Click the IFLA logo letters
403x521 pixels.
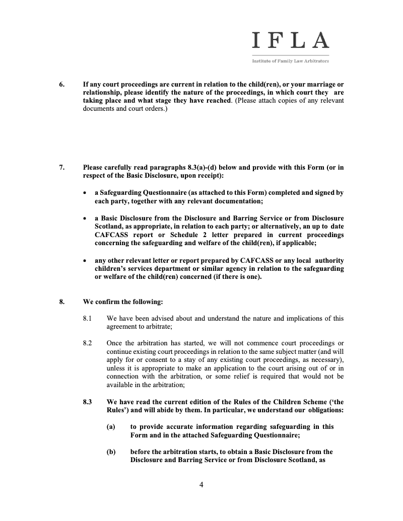click(x=290, y=40)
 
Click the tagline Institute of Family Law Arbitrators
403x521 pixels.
click(x=290, y=61)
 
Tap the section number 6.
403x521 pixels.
click(x=61, y=85)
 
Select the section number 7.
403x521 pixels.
click(x=61, y=168)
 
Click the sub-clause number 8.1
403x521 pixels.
click(x=88, y=318)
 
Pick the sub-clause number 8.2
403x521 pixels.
click(x=88, y=343)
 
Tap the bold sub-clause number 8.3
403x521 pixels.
click(x=88, y=402)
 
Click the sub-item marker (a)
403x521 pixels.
click(x=111, y=427)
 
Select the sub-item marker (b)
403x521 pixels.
click(x=111, y=452)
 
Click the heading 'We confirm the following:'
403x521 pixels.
click(x=123, y=302)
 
